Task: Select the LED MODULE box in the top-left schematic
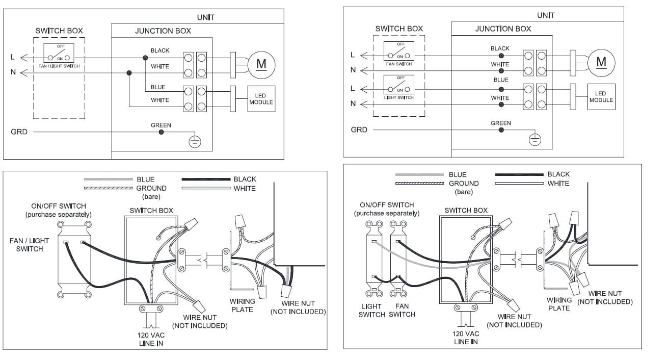coord(261,99)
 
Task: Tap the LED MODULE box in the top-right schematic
coord(601,97)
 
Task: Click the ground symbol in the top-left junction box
coord(195,142)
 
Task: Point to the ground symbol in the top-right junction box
coord(535,140)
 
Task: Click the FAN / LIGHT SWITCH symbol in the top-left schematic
coord(59,53)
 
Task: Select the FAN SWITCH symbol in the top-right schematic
coord(399,51)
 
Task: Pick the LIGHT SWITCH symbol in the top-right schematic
coord(399,85)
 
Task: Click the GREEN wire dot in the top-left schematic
coord(161,132)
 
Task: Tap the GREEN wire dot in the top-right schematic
coord(501,130)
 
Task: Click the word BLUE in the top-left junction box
coord(158,87)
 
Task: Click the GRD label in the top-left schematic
coord(19,132)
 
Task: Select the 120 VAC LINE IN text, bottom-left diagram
coord(151,339)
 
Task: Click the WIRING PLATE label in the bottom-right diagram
coord(559,304)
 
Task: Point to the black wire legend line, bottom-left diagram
coord(206,179)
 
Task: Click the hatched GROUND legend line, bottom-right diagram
coord(419,183)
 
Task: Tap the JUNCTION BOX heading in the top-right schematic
coord(503,29)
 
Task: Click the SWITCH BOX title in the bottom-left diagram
coord(151,211)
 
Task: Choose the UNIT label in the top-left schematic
coord(206,17)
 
